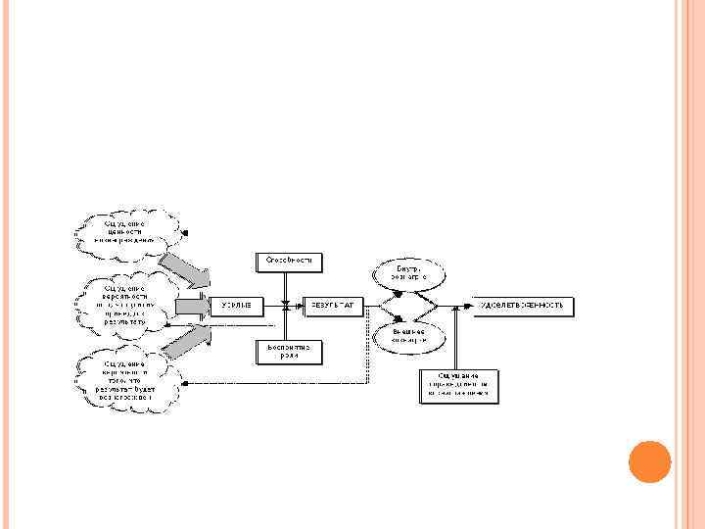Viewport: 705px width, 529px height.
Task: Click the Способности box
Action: point(290,262)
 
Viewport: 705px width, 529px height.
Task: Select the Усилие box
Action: point(236,307)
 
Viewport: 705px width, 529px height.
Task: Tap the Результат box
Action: point(333,307)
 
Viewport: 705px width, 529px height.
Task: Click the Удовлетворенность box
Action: point(525,307)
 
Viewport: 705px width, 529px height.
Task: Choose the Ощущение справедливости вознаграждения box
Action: point(459,385)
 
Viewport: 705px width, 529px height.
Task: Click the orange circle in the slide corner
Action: point(648,461)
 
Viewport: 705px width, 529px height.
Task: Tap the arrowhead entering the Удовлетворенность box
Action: point(472,307)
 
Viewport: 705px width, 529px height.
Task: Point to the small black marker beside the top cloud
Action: point(186,233)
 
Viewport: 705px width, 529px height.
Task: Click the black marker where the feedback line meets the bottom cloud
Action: point(188,384)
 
